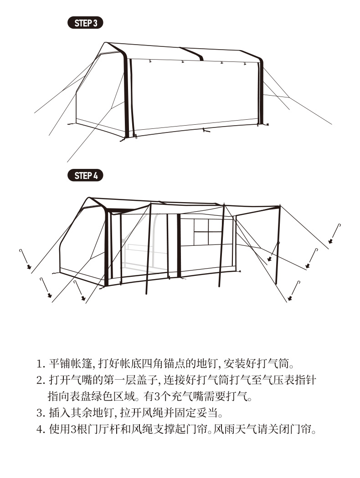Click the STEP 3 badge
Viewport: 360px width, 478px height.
(85, 23)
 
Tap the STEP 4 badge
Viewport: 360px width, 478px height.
(85, 175)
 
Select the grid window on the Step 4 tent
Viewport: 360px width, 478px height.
(207, 232)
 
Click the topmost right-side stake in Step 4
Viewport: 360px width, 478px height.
(336, 233)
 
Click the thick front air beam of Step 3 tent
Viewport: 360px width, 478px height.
(126, 96)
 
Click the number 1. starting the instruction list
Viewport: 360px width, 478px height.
(40, 365)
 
